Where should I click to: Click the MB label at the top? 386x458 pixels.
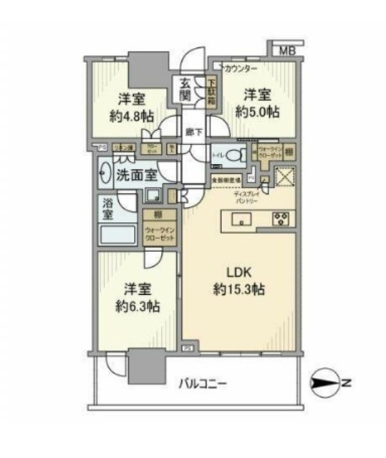pyautogui.click(x=286, y=50)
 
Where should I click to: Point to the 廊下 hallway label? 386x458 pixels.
pyautogui.click(x=192, y=132)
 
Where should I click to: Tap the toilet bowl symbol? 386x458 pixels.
pyautogui.click(x=237, y=153)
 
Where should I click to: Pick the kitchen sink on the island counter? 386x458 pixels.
pyautogui.click(x=241, y=219)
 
